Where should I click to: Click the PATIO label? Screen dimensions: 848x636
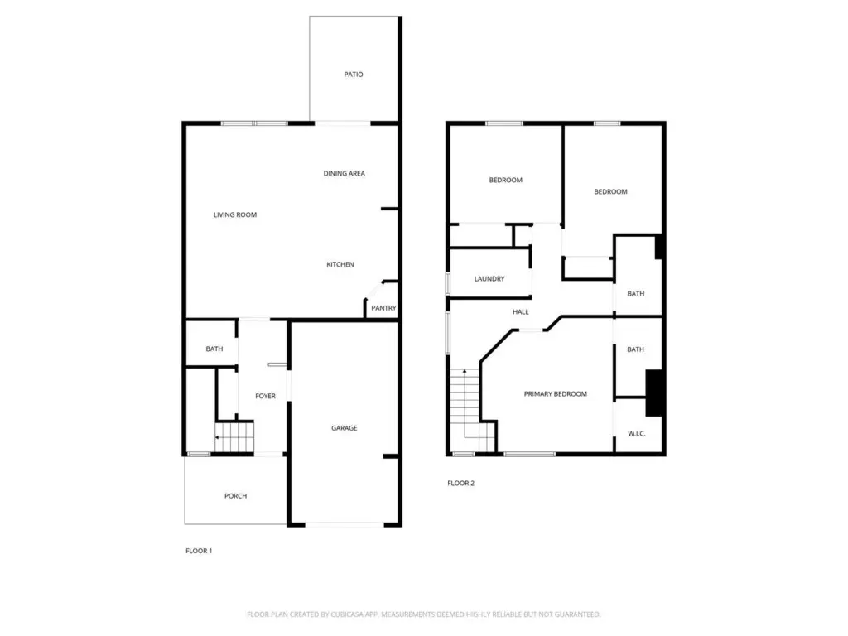(353, 75)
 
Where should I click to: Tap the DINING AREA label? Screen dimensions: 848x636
(344, 174)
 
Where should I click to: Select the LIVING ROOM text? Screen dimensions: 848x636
(234, 214)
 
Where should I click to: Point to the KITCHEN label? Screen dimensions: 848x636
(340, 264)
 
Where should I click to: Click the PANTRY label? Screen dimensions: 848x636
(383, 308)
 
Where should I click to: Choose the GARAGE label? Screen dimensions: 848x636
(344, 428)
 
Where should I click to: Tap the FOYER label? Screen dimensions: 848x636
(265, 397)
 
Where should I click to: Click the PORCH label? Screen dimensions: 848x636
(235, 496)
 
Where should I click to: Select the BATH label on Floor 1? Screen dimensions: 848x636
(214, 349)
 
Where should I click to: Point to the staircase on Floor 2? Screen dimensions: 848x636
(472, 411)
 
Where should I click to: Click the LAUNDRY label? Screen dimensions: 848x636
(489, 279)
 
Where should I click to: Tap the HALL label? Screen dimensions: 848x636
(521, 312)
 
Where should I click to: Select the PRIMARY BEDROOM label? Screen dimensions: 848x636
(556, 394)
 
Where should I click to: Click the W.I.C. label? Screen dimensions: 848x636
(637, 434)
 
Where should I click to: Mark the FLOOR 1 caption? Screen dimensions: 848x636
(199, 551)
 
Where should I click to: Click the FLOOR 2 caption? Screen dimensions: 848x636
(460, 484)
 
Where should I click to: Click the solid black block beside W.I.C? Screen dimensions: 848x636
(654, 393)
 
